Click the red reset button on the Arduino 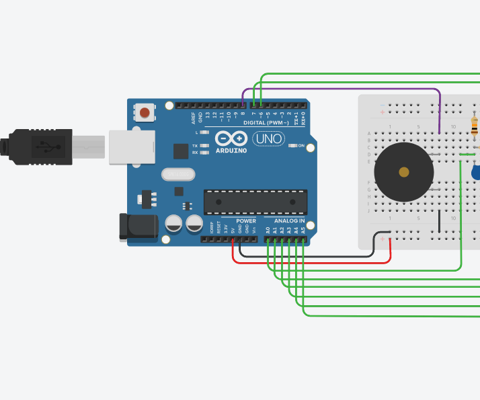145,112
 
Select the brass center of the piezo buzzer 403,172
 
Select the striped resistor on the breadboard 475,125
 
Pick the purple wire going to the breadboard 350,89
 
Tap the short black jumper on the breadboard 439,222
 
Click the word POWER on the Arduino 246,221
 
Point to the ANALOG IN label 288,221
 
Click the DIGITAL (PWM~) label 266,124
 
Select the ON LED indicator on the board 293,145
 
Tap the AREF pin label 193,119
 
